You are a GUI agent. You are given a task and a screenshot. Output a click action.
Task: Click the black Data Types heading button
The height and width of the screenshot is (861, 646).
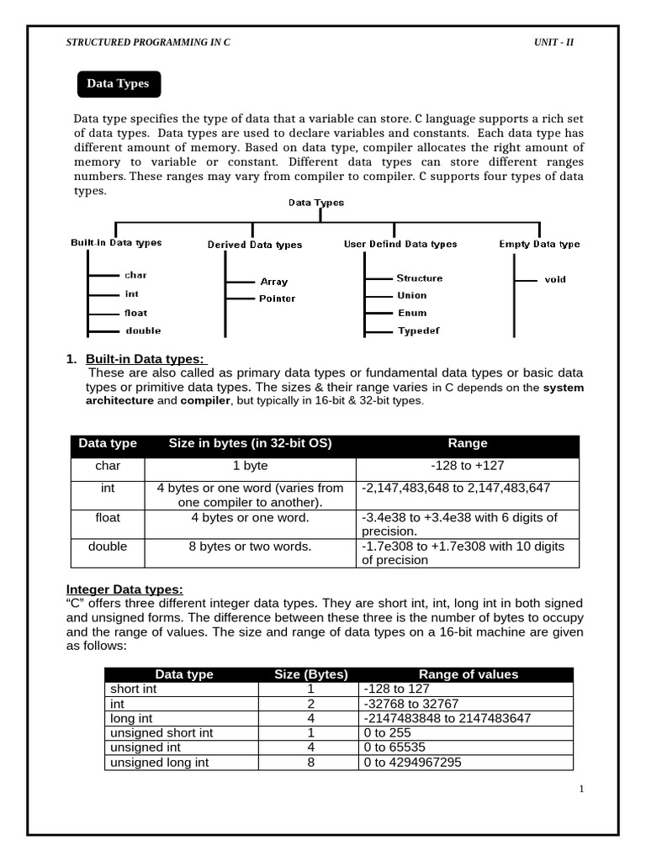tap(119, 84)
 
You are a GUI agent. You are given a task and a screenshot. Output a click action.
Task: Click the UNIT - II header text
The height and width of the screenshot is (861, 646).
tap(554, 43)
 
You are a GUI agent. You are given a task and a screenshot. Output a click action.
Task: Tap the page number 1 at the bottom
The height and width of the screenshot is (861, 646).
tap(580, 789)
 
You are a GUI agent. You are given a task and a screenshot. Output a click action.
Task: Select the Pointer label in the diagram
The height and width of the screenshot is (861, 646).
tap(277, 298)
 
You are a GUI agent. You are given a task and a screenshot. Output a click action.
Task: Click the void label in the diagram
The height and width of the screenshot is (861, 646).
tap(555, 279)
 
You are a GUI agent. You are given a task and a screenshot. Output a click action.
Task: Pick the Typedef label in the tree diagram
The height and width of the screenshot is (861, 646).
tap(418, 331)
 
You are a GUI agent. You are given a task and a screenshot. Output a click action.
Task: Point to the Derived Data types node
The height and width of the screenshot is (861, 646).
tap(255, 245)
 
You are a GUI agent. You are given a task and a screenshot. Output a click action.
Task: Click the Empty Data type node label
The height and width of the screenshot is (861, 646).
tap(539, 244)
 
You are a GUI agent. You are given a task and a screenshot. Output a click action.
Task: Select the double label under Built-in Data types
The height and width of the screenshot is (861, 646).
tap(143, 330)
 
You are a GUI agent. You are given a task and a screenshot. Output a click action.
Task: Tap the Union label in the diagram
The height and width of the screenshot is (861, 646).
tap(412, 295)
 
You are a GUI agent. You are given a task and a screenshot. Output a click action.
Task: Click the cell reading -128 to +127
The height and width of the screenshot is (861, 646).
tap(468, 465)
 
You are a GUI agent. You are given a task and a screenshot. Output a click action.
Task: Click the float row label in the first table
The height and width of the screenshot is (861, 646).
tap(108, 517)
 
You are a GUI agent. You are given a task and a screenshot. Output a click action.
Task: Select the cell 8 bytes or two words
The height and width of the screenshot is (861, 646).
tap(251, 547)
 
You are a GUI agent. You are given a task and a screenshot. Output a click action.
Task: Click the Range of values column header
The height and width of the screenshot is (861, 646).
tap(469, 674)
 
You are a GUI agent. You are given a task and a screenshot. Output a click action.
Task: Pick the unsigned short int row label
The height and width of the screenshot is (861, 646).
tap(161, 732)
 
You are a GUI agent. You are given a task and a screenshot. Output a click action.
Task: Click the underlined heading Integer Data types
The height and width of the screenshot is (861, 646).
tap(124, 589)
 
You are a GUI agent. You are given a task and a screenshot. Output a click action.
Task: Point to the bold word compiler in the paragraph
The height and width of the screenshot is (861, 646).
tap(204, 401)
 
